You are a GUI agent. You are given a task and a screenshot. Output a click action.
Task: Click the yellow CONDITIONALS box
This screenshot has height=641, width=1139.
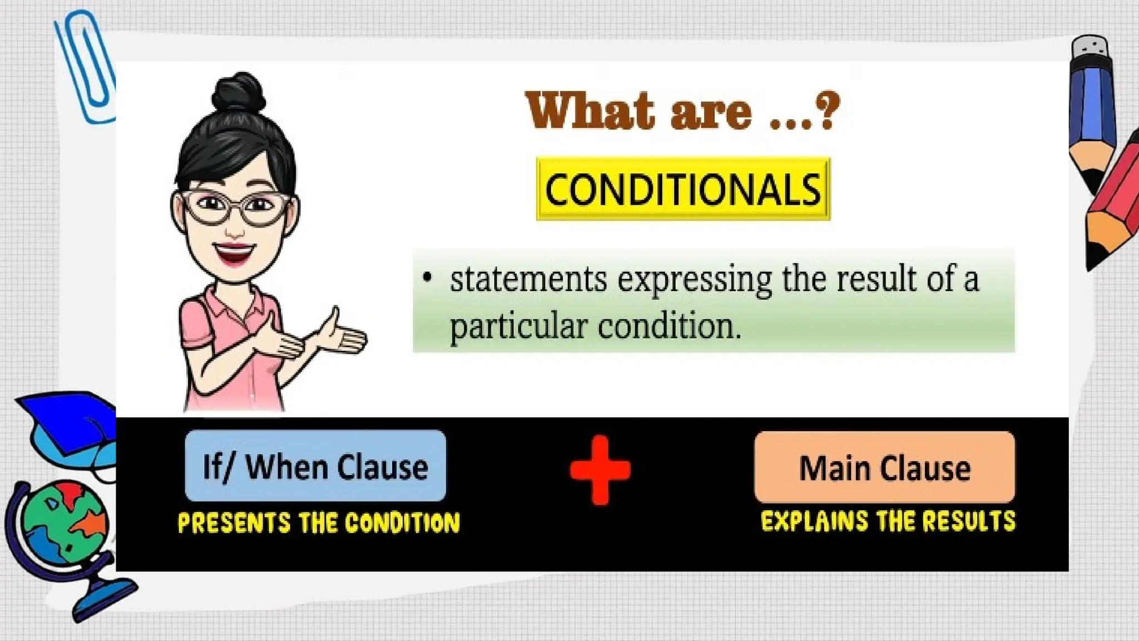683,189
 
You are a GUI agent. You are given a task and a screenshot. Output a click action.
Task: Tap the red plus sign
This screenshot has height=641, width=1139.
600,470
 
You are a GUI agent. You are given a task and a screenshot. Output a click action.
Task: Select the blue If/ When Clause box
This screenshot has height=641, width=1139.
315,466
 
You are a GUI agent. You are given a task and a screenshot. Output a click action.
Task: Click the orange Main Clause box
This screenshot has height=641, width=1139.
884,467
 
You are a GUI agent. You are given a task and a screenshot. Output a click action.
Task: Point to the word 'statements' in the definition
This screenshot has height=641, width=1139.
528,279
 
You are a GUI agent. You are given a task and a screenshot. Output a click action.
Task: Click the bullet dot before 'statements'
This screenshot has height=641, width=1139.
427,277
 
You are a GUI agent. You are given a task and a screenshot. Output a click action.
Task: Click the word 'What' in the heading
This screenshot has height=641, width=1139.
590,111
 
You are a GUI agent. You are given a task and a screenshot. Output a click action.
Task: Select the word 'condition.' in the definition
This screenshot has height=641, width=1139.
670,327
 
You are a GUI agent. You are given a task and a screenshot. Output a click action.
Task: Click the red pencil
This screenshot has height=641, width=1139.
1112,206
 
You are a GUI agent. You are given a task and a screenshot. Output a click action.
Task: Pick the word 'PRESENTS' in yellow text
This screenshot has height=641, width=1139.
234,523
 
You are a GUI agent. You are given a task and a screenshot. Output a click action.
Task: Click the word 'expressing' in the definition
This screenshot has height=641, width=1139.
694,280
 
